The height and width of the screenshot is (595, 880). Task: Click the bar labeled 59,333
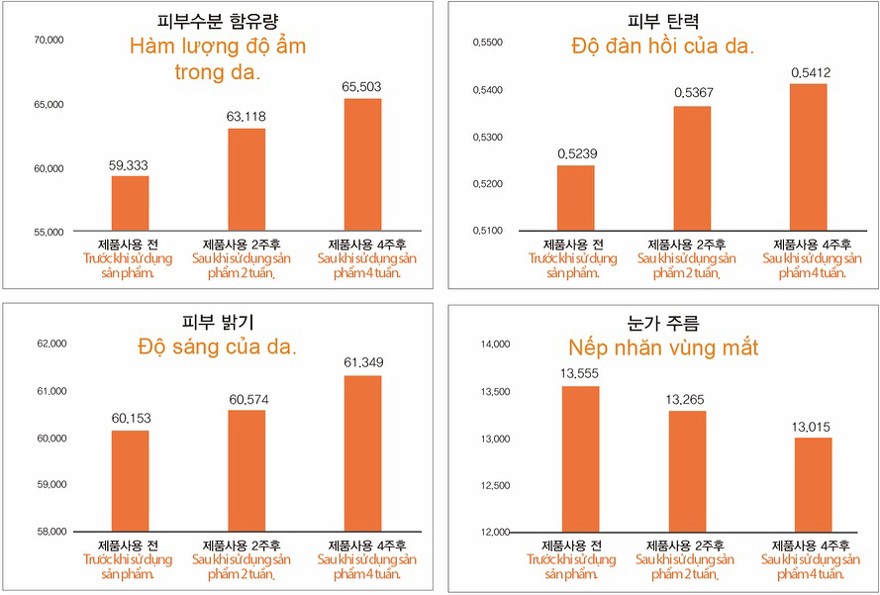(x=130, y=203)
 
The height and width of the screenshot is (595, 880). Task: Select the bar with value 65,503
(x=362, y=164)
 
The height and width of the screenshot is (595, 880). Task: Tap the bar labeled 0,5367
(x=692, y=167)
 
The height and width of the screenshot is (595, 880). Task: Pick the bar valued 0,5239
(x=576, y=197)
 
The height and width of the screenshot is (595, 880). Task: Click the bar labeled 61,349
(x=362, y=453)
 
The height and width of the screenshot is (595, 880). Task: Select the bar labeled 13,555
(x=580, y=458)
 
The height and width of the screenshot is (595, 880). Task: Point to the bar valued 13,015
(x=813, y=484)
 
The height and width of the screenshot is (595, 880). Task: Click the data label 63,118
(x=245, y=117)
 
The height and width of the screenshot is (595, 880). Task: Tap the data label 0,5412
(x=811, y=72)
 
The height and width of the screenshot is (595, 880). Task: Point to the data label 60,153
(x=130, y=419)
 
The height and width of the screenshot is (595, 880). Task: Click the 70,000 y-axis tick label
(x=49, y=40)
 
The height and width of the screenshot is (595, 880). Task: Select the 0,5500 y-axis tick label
(x=488, y=43)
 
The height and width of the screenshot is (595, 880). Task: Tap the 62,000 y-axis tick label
(x=50, y=344)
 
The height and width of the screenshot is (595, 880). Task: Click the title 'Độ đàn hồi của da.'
(x=663, y=46)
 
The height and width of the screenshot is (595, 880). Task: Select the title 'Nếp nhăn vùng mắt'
(x=663, y=347)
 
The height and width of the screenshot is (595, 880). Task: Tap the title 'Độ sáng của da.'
(x=218, y=347)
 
